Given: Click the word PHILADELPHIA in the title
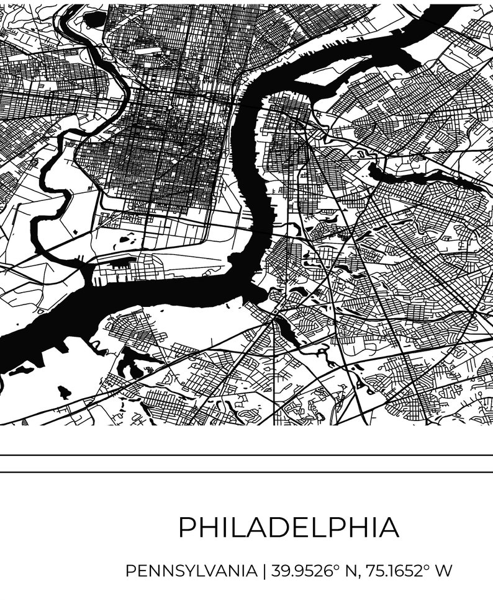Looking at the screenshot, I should (x=289, y=528).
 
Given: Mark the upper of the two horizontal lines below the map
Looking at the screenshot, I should (x=246, y=455).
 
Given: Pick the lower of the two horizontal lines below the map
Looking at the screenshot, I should (x=246, y=472).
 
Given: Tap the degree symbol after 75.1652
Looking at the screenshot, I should (x=428, y=566).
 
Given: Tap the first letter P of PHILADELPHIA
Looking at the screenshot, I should (x=188, y=528).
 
